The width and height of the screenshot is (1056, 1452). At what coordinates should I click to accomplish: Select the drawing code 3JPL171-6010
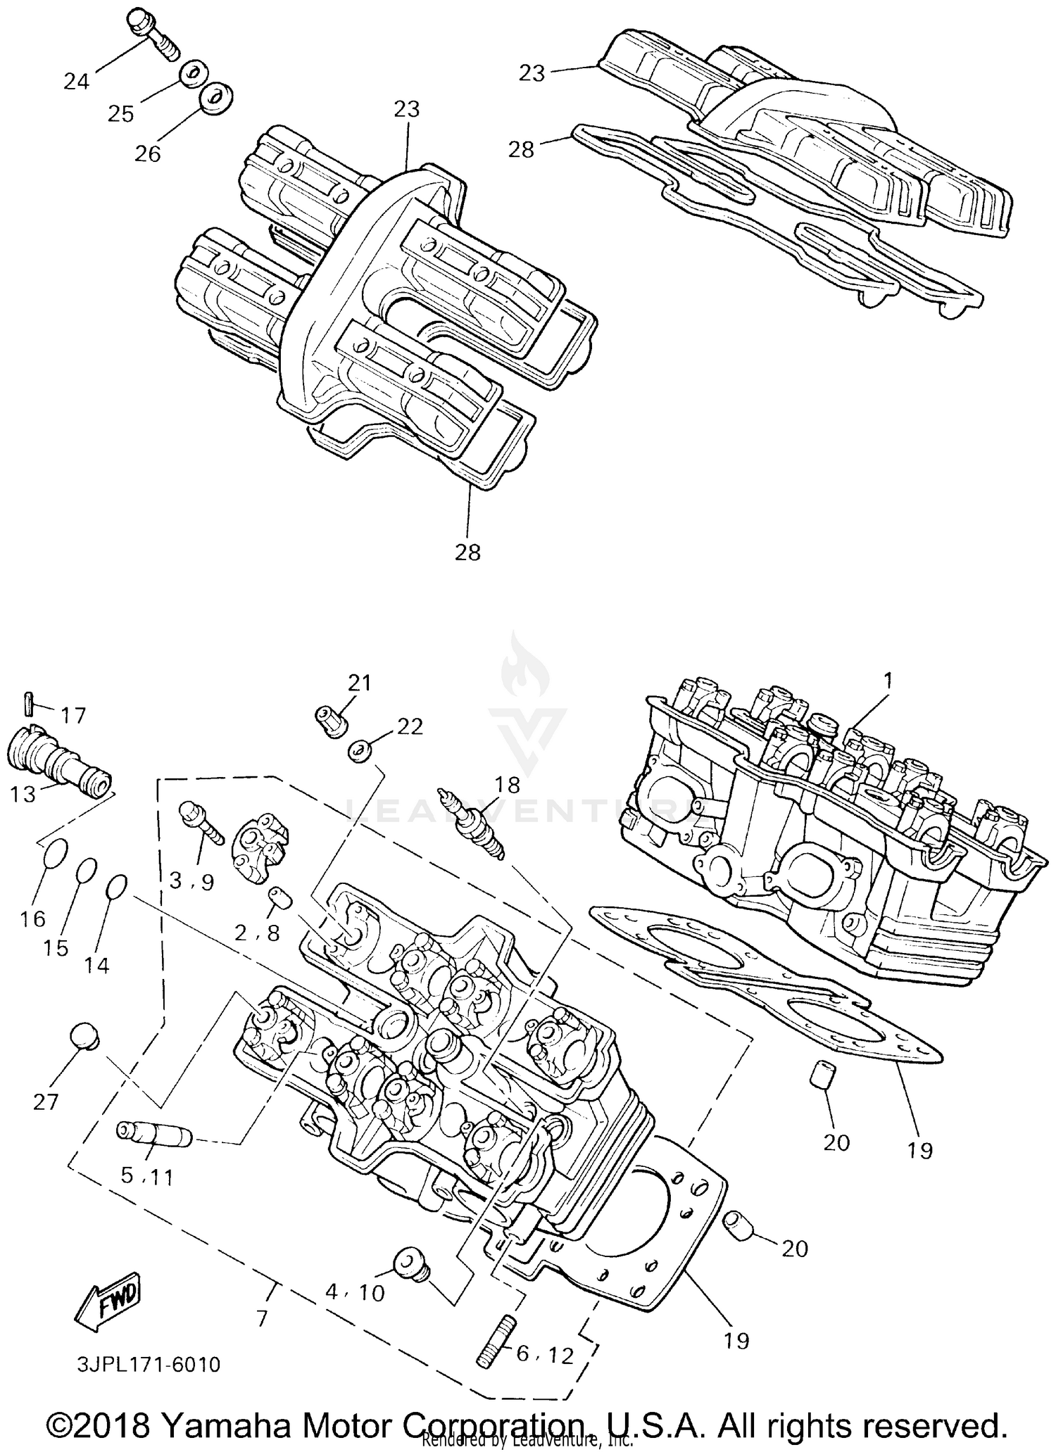(x=149, y=1365)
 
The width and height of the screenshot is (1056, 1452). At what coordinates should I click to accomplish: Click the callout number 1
(x=888, y=681)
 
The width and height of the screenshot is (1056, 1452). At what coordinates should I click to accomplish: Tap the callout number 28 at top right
(x=522, y=150)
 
